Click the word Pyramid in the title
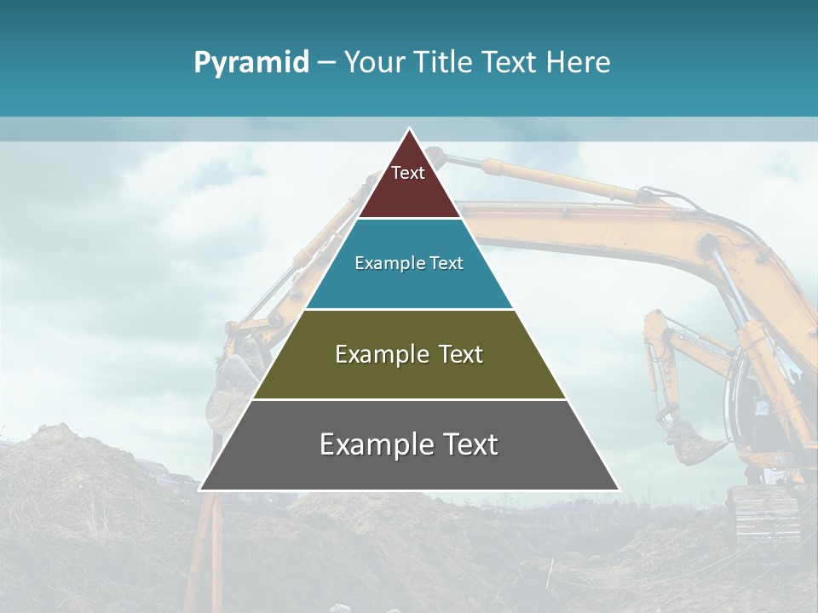point(251,62)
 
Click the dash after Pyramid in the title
point(325,63)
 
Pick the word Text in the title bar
point(510,62)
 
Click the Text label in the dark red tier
point(408,173)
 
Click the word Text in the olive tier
point(458,354)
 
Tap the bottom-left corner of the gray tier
point(200,490)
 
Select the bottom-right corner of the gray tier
point(619,490)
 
